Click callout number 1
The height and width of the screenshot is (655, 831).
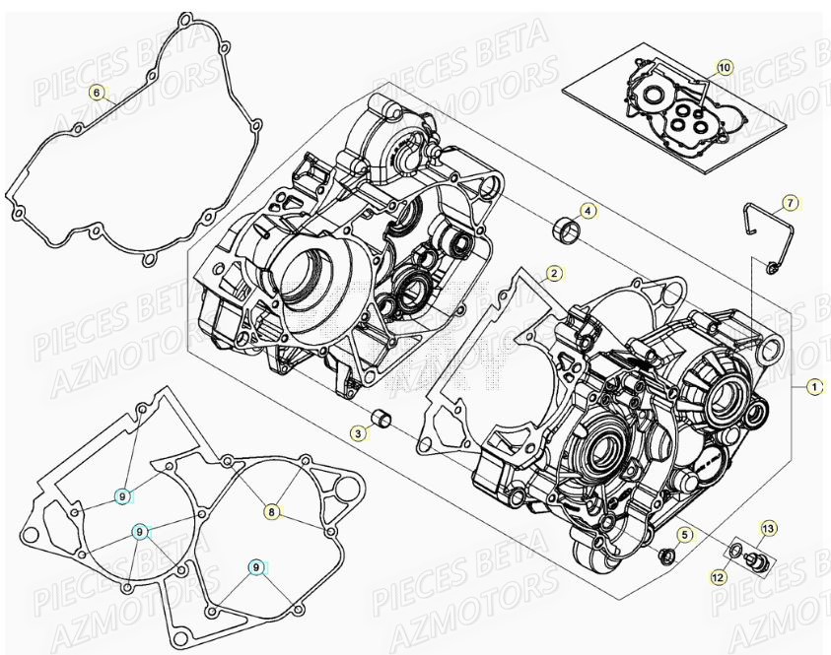tap(814, 387)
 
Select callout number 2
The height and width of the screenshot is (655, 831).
tap(554, 273)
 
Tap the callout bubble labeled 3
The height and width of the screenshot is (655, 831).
tap(361, 432)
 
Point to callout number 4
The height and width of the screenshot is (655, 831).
tap(588, 211)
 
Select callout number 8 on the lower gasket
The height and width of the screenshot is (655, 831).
tap(270, 511)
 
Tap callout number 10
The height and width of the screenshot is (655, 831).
tap(725, 68)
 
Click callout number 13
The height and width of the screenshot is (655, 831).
tap(768, 529)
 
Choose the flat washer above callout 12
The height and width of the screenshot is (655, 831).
tap(735, 548)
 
